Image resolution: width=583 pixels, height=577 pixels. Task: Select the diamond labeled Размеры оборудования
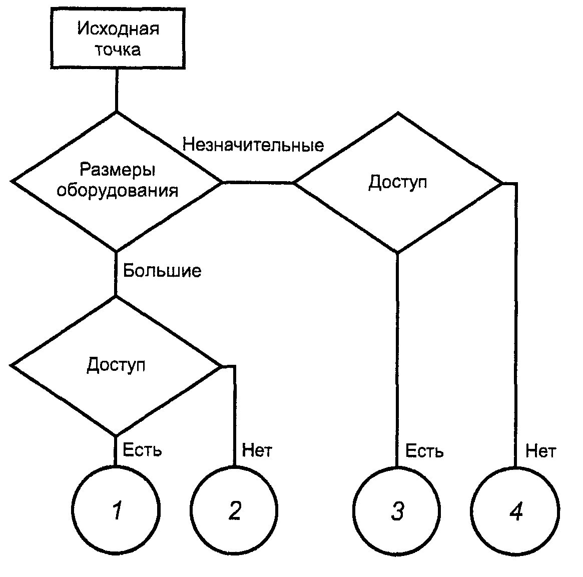click(117, 181)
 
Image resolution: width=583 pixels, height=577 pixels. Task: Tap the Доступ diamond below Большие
click(116, 365)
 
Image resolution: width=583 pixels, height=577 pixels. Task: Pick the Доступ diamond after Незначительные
click(398, 182)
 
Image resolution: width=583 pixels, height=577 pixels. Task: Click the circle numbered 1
click(116, 510)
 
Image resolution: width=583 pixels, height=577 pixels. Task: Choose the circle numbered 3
click(397, 511)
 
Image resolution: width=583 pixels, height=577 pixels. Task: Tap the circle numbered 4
click(515, 511)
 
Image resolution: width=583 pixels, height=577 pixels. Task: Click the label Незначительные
click(253, 145)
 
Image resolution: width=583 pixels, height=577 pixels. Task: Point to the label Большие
click(162, 271)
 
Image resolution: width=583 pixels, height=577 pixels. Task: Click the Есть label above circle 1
click(143, 450)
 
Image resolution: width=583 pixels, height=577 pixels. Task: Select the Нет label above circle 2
click(257, 450)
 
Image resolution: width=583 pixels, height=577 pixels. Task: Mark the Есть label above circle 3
click(424, 451)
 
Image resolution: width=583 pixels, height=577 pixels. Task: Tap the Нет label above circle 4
click(540, 451)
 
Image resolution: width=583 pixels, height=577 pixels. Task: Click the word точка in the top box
click(118, 50)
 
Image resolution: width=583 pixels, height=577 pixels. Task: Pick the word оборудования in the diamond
click(117, 191)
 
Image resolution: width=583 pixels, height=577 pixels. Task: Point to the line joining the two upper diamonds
click(258, 182)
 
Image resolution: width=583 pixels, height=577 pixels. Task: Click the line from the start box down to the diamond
click(117, 90)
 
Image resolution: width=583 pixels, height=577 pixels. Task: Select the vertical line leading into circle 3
click(397, 360)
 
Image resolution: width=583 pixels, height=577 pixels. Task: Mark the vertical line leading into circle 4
click(515, 325)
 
